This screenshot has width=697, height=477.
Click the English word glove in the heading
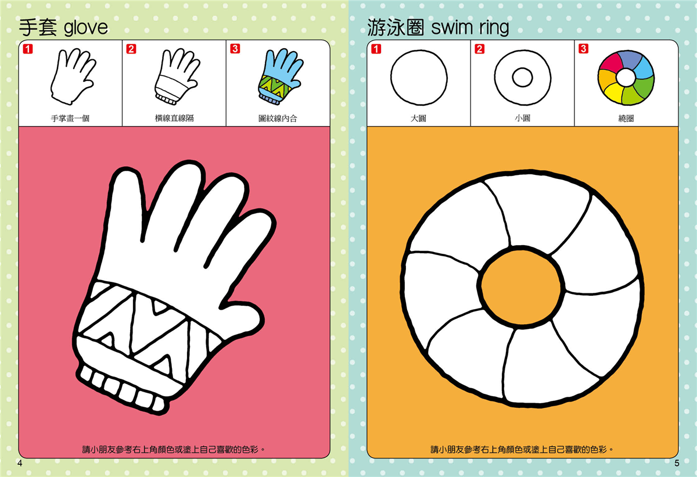(85, 28)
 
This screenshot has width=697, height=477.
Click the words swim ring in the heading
(470, 28)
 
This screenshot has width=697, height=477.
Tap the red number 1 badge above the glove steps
(28, 49)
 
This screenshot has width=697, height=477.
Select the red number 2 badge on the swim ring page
(480, 49)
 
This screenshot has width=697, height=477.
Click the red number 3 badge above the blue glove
(235, 49)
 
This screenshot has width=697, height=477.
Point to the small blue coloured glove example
(280, 76)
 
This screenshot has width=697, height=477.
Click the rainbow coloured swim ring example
(626, 78)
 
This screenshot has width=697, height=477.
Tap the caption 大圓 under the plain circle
(418, 119)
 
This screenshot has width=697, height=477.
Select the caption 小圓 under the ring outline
(522, 119)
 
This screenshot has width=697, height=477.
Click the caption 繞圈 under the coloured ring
(626, 119)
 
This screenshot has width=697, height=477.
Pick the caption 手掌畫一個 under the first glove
(70, 119)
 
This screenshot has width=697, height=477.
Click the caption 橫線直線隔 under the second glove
(174, 119)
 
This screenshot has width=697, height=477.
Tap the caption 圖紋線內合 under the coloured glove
(278, 119)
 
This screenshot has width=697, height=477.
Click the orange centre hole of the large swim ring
(520, 287)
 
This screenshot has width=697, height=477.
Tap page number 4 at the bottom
(20, 463)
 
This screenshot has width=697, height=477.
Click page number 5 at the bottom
(677, 463)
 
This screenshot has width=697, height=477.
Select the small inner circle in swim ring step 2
(522, 77)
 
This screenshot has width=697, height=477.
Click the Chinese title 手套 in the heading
(38, 28)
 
